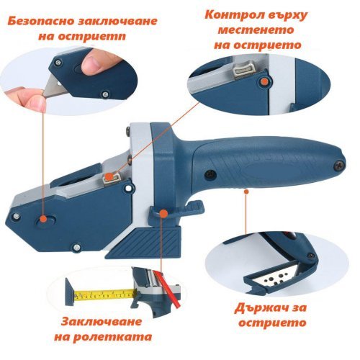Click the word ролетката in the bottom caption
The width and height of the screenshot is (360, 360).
point(112,337)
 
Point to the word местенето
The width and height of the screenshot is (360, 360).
point(256,30)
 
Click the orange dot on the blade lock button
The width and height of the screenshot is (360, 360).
point(43,218)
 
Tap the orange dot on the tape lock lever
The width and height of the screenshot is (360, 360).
point(163,213)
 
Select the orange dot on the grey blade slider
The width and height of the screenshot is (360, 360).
point(109,176)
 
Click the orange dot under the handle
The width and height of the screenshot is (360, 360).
point(246,192)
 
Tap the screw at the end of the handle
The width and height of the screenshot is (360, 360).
point(339,166)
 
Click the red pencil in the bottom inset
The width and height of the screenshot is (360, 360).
point(167,289)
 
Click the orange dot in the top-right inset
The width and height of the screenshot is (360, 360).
point(264,81)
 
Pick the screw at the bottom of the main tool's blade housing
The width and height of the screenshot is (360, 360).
point(76,246)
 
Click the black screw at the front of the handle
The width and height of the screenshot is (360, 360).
point(211,174)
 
